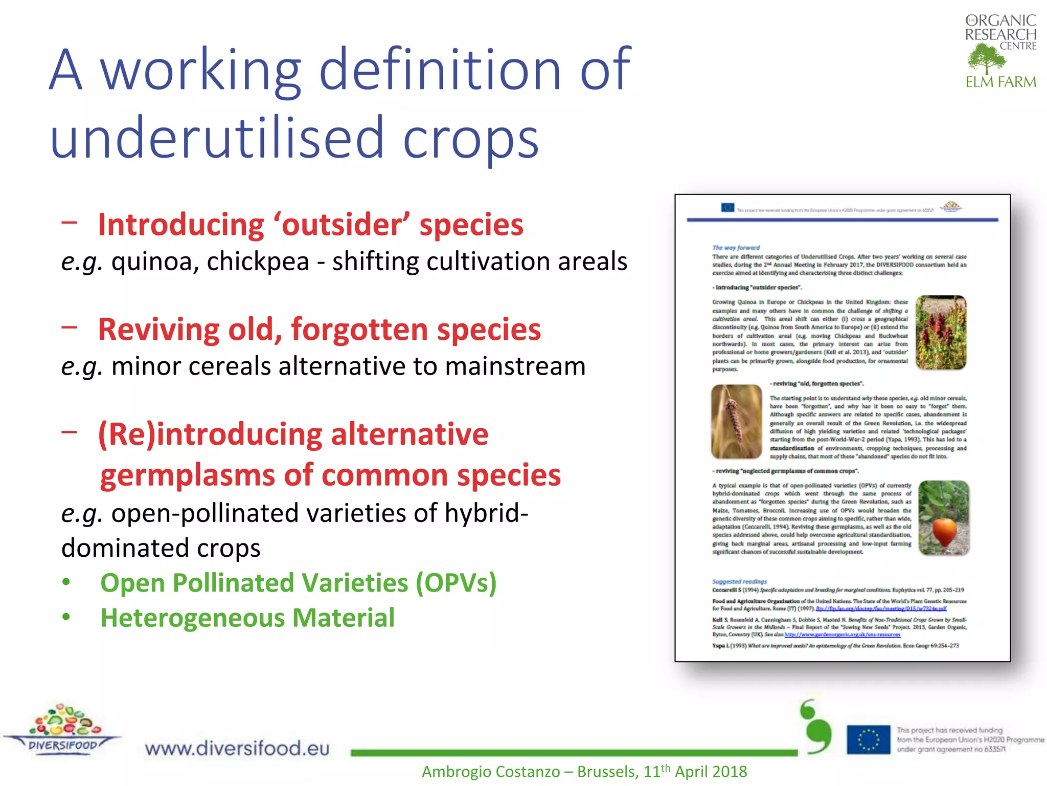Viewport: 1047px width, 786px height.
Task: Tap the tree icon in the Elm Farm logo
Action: point(986,59)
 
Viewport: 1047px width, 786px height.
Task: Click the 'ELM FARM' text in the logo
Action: point(1000,82)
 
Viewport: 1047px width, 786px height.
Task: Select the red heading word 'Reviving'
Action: point(159,330)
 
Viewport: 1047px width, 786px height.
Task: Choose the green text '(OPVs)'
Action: point(456,583)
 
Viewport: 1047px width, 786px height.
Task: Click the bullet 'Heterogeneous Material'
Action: point(247,618)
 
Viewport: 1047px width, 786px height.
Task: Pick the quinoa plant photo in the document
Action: point(941,332)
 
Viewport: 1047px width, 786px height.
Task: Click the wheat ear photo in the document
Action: point(737,422)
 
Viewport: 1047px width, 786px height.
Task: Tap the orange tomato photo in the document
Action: point(944,518)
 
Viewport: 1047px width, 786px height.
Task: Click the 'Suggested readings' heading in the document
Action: point(739,581)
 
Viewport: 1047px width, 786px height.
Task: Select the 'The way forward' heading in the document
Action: point(736,248)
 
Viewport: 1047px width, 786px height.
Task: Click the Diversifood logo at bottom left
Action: point(62,729)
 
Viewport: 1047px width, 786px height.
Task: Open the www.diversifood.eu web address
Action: point(237,748)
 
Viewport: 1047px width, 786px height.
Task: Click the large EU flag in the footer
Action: point(868,740)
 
